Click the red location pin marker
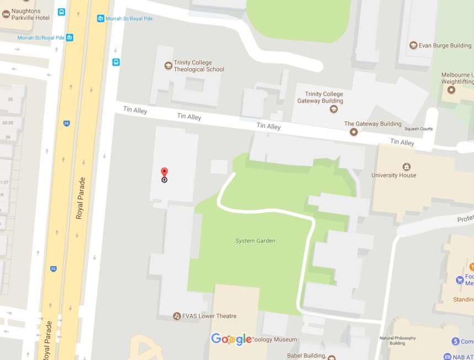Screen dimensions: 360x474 click(164, 173)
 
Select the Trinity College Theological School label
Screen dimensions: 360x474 click(199, 66)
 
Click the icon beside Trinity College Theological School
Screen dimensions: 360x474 click(168, 66)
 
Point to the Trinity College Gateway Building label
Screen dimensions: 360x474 click(320, 98)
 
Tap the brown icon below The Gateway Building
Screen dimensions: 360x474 click(354, 132)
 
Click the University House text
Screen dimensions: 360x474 click(394, 175)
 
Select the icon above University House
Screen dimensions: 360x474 click(407, 166)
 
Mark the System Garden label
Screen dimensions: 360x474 click(255, 241)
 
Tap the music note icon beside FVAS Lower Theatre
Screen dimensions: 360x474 click(176, 316)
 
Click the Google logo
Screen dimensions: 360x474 click(231, 339)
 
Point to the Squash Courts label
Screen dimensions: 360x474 click(418, 129)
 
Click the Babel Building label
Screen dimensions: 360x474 click(306, 355)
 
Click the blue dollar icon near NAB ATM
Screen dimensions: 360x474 click(455, 342)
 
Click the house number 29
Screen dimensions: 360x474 click(8, 137)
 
